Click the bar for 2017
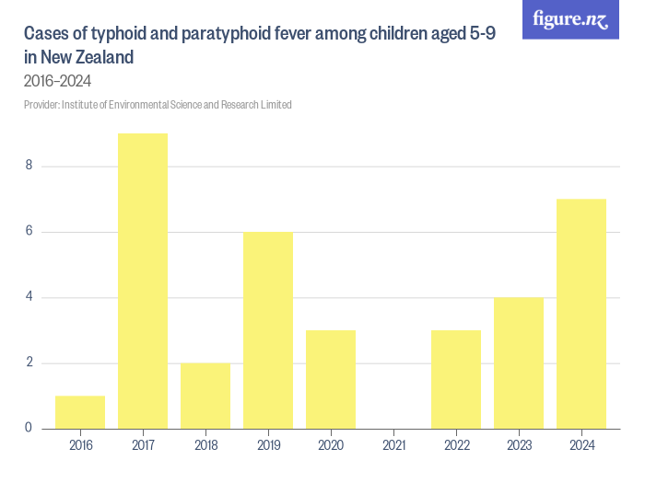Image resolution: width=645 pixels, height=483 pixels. (x=143, y=281)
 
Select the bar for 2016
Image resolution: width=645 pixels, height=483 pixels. (x=80, y=412)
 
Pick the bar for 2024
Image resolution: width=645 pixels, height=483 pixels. (x=581, y=313)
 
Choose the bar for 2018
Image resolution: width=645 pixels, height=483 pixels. (x=205, y=396)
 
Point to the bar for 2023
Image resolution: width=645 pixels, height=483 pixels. (x=519, y=362)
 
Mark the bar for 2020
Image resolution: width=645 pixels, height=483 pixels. (x=331, y=379)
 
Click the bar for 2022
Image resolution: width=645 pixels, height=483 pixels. (x=456, y=379)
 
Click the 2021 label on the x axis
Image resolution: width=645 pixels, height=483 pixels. (x=393, y=444)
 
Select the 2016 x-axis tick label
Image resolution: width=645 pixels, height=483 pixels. (x=80, y=444)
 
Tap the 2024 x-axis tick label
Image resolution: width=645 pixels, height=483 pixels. (x=581, y=444)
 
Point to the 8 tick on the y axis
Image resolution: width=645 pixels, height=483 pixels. (x=29, y=167)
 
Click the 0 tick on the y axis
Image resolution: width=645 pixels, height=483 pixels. (x=29, y=428)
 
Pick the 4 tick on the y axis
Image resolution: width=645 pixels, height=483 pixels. (x=29, y=297)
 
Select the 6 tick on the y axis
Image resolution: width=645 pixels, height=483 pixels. (x=29, y=232)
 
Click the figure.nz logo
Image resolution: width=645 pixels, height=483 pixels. (x=570, y=19)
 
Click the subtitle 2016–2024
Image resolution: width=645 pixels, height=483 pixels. (x=57, y=81)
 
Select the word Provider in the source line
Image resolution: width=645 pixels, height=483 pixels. (x=41, y=105)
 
